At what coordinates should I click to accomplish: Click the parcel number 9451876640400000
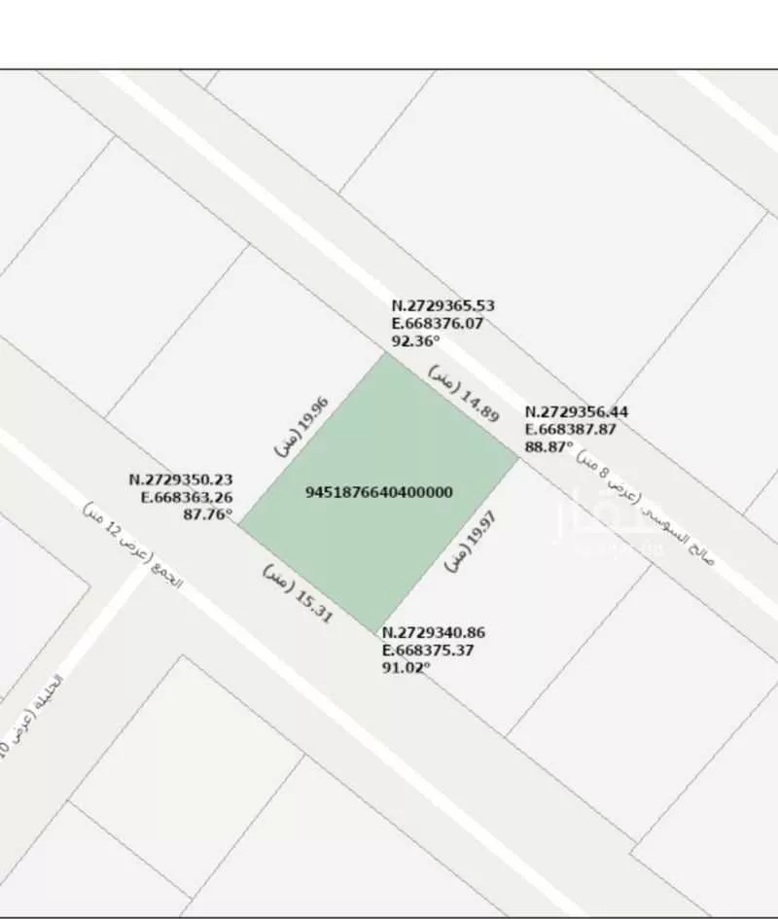379,492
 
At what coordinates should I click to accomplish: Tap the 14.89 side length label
464,394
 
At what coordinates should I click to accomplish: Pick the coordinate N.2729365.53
442,305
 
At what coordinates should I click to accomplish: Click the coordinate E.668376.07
437,323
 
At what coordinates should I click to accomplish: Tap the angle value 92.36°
415,340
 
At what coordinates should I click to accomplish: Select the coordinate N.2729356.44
576,412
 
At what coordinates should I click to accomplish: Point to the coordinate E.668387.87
571,429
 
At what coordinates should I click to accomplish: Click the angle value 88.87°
548,446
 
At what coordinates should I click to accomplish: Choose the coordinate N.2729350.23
181,479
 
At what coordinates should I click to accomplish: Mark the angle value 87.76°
207,514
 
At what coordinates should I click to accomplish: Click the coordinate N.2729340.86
433,632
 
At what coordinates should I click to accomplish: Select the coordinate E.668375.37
428,650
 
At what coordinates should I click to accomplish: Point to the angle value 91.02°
407,667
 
